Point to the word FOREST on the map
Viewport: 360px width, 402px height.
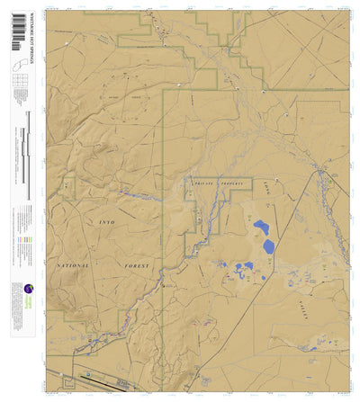coord(132,266)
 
